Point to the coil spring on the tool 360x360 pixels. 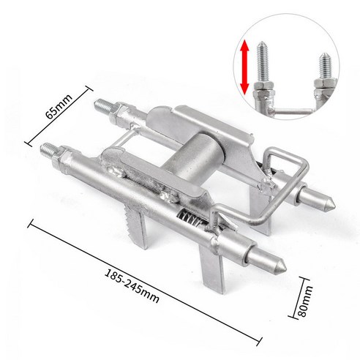point(190,216)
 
